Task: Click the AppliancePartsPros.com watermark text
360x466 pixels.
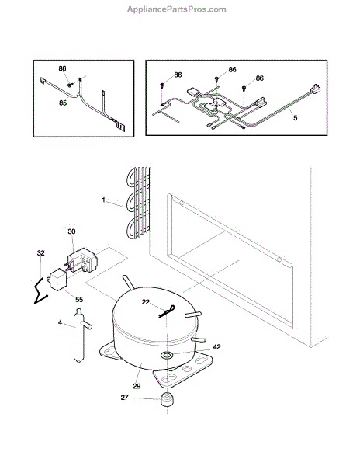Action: pos(177,9)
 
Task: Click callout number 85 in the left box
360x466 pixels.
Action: pos(63,103)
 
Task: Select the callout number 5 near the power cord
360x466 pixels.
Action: pos(295,118)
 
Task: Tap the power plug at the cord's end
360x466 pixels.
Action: pos(316,89)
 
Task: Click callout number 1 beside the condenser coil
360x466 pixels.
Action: pos(103,200)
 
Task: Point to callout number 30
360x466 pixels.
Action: pos(71,231)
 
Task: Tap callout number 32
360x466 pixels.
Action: pos(40,253)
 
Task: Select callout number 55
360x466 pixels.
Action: pos(79,299)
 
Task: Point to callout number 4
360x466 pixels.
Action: pos(60,322)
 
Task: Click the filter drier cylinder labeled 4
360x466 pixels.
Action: pos(79,336)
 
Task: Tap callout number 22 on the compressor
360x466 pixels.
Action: pos(145,302)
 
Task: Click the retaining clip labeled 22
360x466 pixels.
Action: pos(167,311)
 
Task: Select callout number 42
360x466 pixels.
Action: pos(217,347)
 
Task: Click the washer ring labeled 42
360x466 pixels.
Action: pos(167,355)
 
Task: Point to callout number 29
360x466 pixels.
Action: pos(137,386)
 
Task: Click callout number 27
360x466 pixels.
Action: pos(125,398)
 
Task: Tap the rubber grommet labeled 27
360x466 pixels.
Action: pos(167,399)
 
